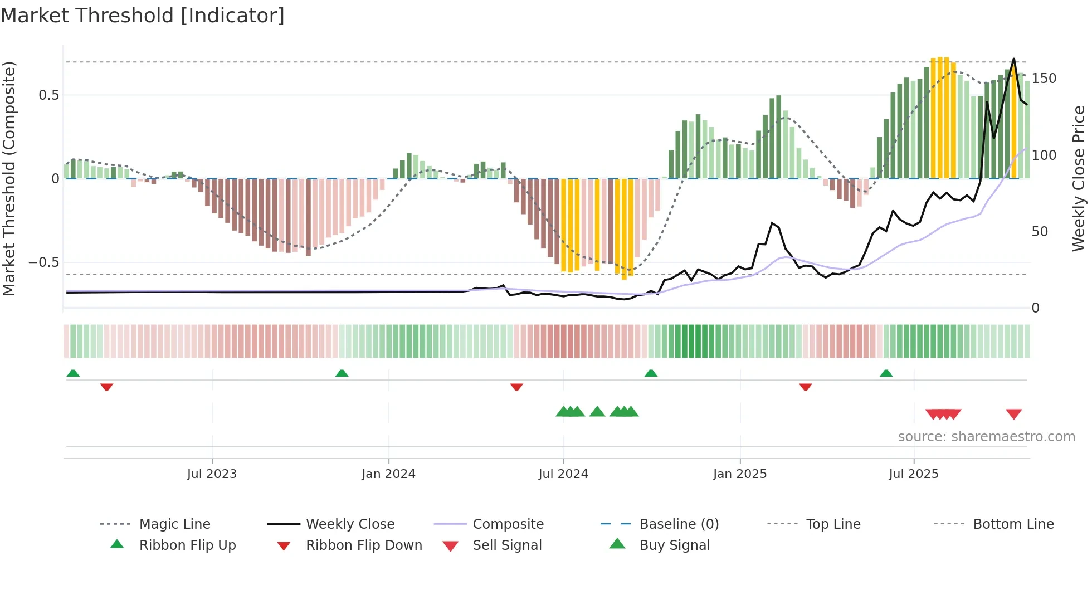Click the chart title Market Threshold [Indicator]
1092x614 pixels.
click(x=143, y=16)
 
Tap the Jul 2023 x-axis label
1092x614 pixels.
click(x=212, y=474)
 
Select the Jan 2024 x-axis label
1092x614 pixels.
click(x=388, y=474)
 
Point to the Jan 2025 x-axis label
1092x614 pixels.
click(x=739, y=474)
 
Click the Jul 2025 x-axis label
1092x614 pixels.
click(x=913, y=474)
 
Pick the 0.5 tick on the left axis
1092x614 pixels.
click(x=48, y=95)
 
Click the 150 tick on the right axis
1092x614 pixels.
click(x=1044, y=79)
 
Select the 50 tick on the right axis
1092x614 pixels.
click(x=1040, y=232)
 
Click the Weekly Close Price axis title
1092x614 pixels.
click(x=1079, y=178)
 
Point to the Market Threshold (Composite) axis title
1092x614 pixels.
click(x=9, y=178)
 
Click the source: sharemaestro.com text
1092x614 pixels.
click(x=986, y=437)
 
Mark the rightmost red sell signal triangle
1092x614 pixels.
click(x=1013, y=414)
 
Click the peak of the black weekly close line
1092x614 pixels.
click(x=1013, y=59)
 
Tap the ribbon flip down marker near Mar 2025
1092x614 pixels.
click(x=805, y=387)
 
